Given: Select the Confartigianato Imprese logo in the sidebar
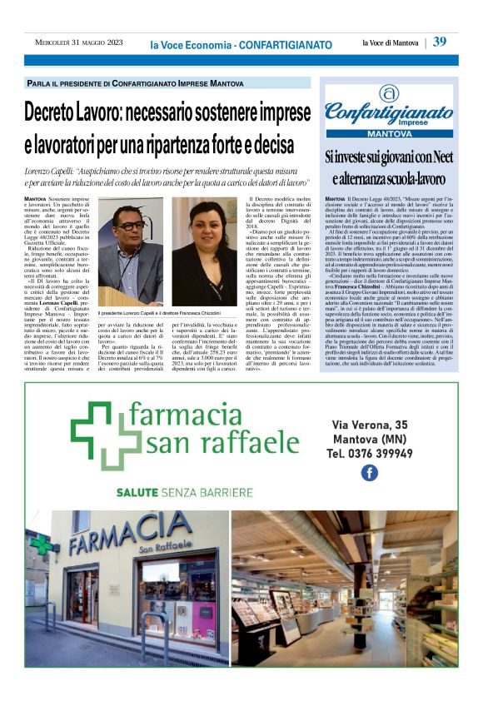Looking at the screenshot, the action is coord(389,107).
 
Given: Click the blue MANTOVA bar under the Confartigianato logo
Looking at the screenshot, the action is coord(388,133).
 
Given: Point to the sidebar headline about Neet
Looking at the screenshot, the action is coord(388,167).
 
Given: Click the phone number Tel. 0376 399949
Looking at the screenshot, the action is coord(366,454).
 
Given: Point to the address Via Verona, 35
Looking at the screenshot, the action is coord(366,425).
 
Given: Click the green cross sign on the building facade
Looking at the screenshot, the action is coord(41,546).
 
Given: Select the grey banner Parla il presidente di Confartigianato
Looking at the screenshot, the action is coord(136,84).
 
